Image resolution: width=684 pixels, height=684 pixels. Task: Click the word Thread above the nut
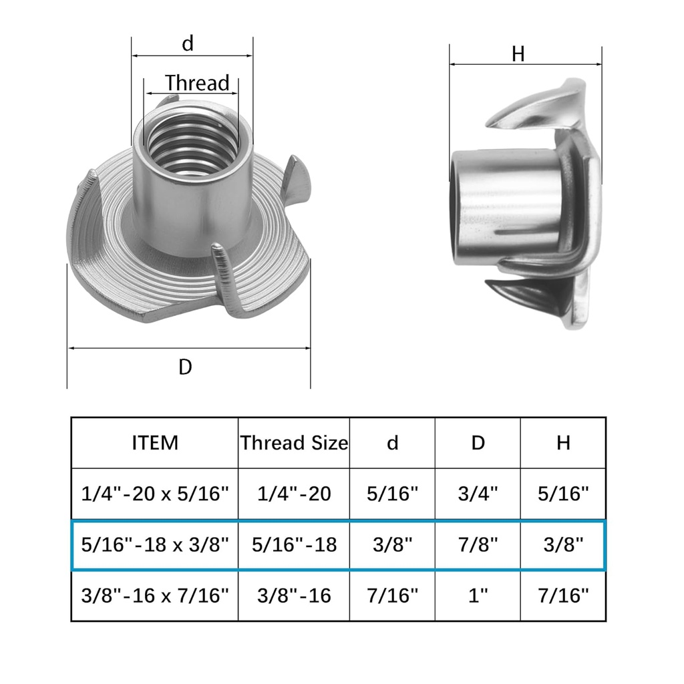197,83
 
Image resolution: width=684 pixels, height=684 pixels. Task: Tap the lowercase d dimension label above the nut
188,44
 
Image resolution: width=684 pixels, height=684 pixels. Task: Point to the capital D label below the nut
185,367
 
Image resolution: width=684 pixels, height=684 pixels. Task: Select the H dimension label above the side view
518,55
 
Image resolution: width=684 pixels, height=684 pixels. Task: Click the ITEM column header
155,443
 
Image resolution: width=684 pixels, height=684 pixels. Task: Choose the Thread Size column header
294,443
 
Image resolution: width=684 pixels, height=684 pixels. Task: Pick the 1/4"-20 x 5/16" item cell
155,494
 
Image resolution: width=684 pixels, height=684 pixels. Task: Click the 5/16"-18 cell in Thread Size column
294,545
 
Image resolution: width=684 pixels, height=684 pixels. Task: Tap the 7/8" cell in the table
478,545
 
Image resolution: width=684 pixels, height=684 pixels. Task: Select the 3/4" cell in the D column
478,494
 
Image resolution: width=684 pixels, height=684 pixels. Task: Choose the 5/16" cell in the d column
392,494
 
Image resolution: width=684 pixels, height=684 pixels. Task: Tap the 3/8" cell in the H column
563,545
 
